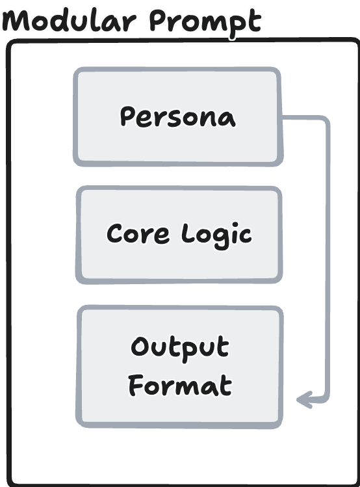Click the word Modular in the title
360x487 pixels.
click(70, 20)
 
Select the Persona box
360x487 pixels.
click(178, 116)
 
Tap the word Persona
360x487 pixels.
click(178, 117)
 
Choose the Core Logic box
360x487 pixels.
click(179, 235)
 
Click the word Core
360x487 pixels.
click(138, 233)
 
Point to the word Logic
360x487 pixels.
click(216, 235)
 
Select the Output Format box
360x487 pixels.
click(179, 367)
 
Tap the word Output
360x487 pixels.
click(180, 349)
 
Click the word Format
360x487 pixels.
click(180, 385)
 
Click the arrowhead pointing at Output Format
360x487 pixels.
click(304, 400)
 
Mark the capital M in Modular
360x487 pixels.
click(16, 21)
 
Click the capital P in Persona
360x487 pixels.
click(127, 116)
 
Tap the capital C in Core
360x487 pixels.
click(116, 233)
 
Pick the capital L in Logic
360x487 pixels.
click(188, 232)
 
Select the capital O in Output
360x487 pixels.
click(140, 347)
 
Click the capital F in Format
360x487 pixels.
click(136, 385)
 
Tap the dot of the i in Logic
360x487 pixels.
click(235, 224)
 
